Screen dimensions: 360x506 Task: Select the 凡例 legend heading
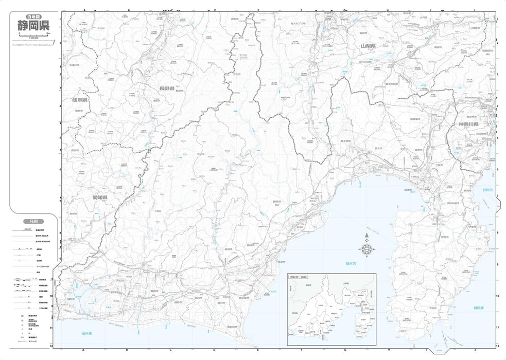tap(31, 222)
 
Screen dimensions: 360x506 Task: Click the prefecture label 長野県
tap(166, 89)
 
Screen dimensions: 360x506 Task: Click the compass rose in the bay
tap(367, 248)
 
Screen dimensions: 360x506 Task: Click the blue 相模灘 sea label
tap(478, 308)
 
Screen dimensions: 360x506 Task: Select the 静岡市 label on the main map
tap(276, 201)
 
